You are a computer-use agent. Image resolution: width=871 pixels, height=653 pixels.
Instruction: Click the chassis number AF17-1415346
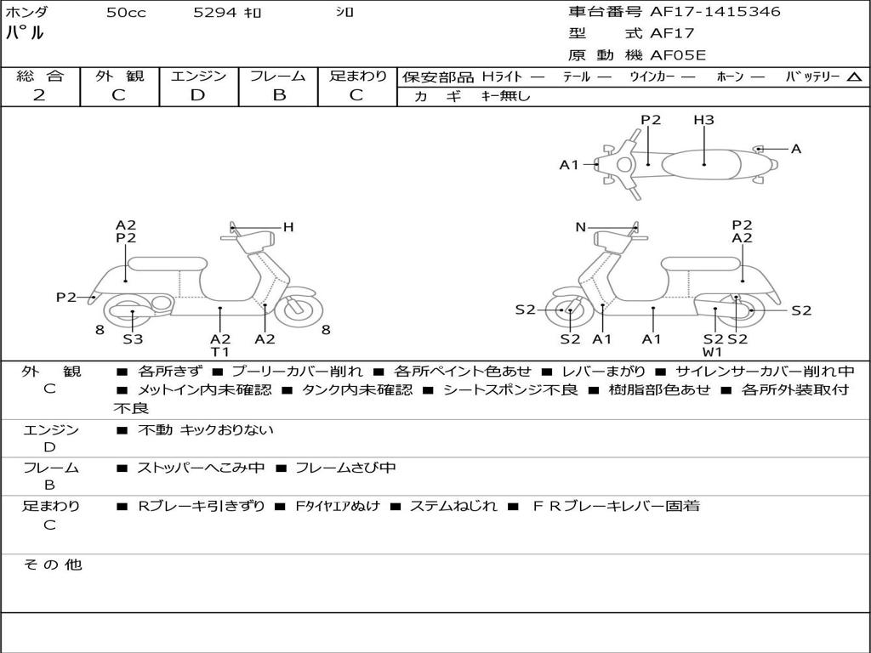point(714,11)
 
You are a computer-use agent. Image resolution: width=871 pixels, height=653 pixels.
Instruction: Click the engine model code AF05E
point(678,55)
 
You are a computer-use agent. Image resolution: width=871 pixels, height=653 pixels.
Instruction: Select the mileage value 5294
point(215,12)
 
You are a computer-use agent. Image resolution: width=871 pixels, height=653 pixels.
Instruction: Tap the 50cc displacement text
point(126,12)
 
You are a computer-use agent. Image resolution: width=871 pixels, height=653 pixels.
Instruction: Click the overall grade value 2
point(39,95)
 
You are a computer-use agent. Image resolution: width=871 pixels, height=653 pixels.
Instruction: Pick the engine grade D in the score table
point(197,95)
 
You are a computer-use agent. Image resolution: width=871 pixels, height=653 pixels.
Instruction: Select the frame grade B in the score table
point(279,95)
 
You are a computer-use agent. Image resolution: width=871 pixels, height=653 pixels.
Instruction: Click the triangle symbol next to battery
point(854,77)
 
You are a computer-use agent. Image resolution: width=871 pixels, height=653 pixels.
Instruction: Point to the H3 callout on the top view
point(703,119)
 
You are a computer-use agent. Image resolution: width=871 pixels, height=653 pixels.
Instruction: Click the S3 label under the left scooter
point(133,338)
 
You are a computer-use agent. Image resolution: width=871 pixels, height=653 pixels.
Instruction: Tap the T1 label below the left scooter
point(220,351)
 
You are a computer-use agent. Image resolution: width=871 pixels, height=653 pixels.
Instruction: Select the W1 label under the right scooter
point(712,352)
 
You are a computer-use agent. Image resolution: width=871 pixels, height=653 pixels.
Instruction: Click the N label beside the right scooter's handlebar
point(580,227)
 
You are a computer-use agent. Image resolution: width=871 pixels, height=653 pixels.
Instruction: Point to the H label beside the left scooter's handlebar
point(288,227)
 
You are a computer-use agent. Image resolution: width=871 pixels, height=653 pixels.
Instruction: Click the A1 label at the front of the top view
point(569,165)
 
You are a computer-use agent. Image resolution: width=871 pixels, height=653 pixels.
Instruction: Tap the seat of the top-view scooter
point(701,165)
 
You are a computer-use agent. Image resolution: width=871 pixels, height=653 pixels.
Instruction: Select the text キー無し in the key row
point(506,96)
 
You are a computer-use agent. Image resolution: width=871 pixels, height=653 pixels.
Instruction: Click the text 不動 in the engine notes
point(155,429)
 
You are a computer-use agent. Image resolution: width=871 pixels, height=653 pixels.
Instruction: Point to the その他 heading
point(53,565)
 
